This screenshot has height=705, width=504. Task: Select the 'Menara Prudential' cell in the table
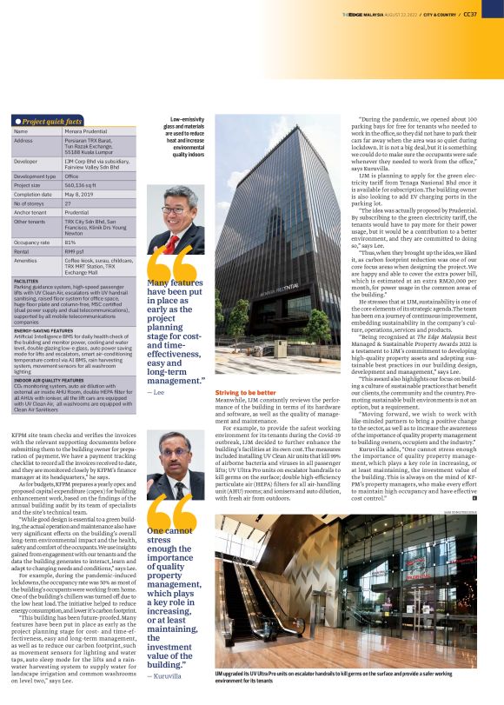[x=83, y=130]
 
